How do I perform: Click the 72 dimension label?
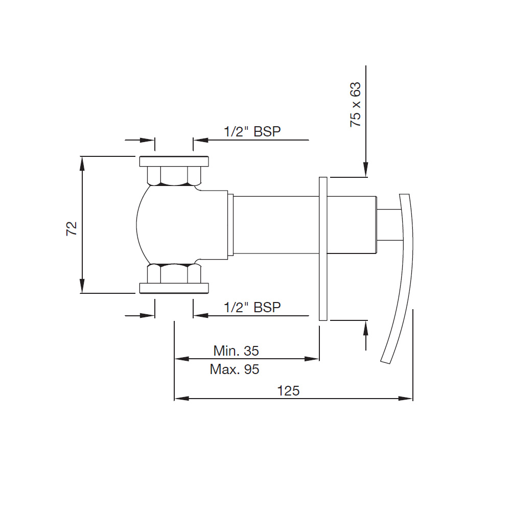(x=72, y=228)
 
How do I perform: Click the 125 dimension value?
(x=288, y=391)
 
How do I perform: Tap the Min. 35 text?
(x=236, y=351)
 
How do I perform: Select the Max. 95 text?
(x=235, y=369)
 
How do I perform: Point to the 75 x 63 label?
(x=355, y=105)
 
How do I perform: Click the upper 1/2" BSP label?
(x=252, y=131)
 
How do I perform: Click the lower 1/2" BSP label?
(x=252, y=307)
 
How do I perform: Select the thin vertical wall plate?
(x=323, y=249)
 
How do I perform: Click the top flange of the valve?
(x=174, y=161)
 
